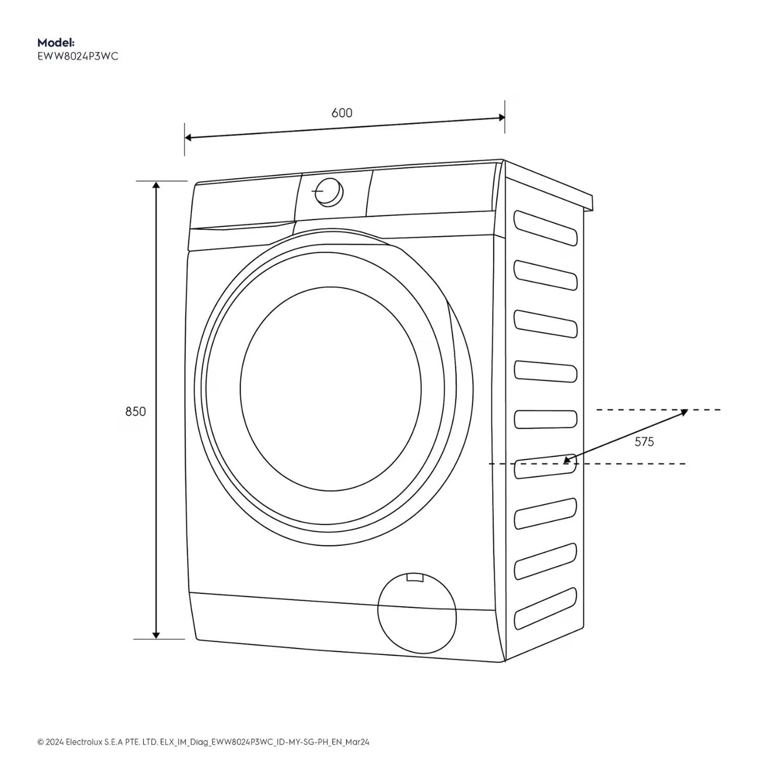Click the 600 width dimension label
(342, 113)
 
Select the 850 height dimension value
(136, 411)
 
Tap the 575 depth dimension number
(644, 442)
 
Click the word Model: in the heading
(56, 43)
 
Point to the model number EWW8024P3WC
(78, 56)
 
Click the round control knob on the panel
(329, 192)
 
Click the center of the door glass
(331, 388)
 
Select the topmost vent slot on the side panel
(545, 227)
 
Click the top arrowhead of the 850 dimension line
(156, 185)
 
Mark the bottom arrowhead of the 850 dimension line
(156, 635)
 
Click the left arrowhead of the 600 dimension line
(188, 138)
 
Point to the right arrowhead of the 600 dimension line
(502, 117)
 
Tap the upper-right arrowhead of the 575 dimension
(685, 412)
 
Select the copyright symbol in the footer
(40, 742)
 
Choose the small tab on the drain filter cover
(415, 577)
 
